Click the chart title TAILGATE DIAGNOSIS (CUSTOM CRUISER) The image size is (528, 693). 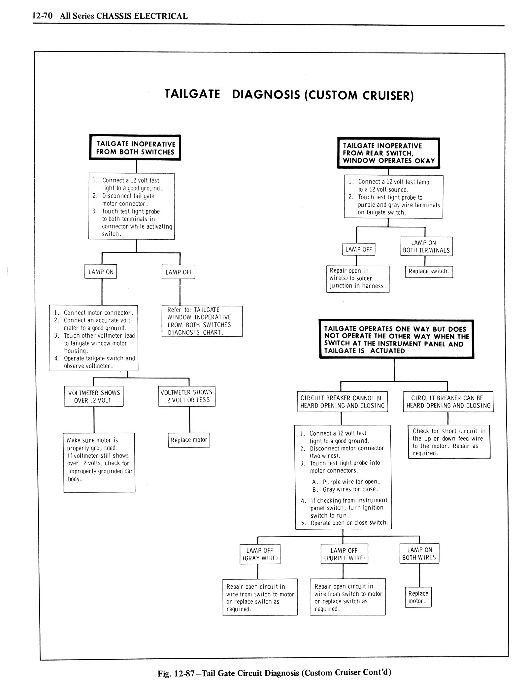[289, 95]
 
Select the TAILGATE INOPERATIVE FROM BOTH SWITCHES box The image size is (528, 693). [135, 148]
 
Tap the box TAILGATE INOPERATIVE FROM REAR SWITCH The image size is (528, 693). [388, 153]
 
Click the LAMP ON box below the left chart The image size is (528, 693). [101, 272]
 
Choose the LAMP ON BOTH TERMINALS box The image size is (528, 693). [426, 247]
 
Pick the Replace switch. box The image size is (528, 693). [429, 272]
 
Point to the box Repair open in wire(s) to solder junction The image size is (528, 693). [358, 279]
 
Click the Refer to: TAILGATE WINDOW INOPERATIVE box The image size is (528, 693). [202, 321]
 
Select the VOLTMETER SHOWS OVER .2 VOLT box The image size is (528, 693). [94, 396]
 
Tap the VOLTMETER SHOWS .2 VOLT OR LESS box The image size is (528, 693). [187, 396]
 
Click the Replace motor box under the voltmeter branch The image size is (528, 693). [189, 440]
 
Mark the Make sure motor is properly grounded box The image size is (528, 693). [99, 462]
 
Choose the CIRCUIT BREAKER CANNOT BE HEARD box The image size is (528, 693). [343, 402]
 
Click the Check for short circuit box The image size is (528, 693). [449, 442]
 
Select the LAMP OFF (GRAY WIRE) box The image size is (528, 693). [260, 554]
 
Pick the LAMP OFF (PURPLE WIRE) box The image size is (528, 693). [344, 554]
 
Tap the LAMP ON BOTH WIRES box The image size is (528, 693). [419, 553]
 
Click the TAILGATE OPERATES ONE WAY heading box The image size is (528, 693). [396, 339]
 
